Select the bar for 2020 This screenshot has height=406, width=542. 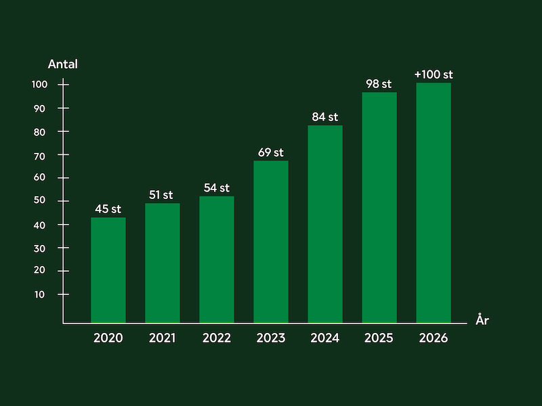pyautogui.click(x=108, y=270)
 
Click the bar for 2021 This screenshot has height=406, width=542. pyautogui.click(x=163, y=263)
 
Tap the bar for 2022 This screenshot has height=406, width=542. pyautogui.click(x=217, y=260)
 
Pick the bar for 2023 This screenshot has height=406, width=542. pyautogui.click(x=271, y=242)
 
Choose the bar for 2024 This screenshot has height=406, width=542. pyautogui.click(x=325, y=224)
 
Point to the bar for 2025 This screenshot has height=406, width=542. pyautogui.click(x=379, y=208)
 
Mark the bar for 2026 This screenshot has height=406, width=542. pyautogui.click(x=434, y=203)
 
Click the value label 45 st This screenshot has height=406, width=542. pyautogui.click(x=108, y=208)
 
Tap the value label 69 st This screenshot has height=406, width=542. pyautogui.click(x=271, y=152)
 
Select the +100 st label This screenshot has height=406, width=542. pyautogui.click(x=434, y=74)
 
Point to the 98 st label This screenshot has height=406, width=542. pyautogui.click(x=379, y=84)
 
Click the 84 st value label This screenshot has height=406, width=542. pyautogui.click(x=325, y=116)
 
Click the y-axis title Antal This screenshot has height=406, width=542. pyautogui.click(x=63, y=65)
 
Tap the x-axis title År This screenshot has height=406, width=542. pyautogui.click(x=482, y=321)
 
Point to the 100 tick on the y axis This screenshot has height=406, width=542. pyautogui.click(x=39, y=85)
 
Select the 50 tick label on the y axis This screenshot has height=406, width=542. pyautogui.click(x=39, y=201)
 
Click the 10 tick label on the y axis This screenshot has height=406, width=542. pyautogui.click(x=40, y=294)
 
